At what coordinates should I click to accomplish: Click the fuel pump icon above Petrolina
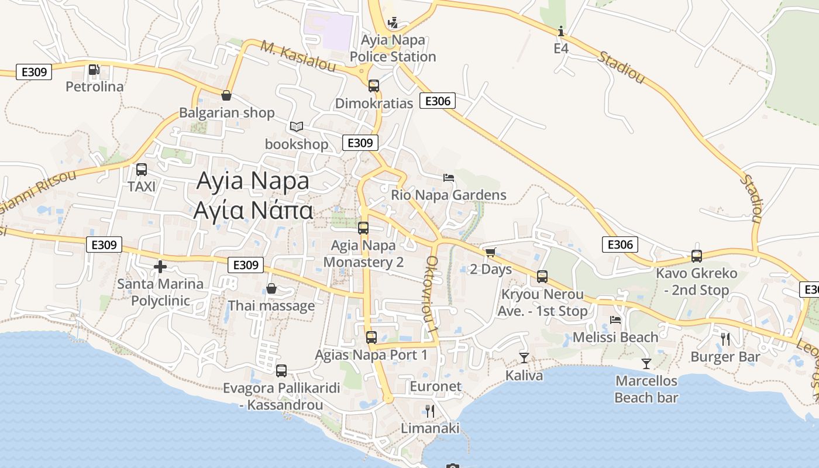tap(94, 70)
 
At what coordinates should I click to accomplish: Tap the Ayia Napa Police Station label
tap(393, 49)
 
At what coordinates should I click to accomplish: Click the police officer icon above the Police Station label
tap(393, 23)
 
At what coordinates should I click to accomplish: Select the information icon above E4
tap(561, 31)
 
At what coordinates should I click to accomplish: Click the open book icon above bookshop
tap(297, 126)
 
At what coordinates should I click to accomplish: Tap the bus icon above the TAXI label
tap(142, 170)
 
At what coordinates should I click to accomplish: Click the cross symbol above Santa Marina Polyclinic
tap(160, 267)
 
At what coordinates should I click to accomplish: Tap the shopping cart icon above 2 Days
tap(490, 252)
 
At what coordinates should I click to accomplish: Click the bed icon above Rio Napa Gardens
tap(449, 177)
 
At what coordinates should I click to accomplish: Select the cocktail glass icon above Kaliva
tap(524, 357)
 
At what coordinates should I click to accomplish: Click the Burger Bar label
tap(725, 357)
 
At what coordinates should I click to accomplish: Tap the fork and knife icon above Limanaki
tap(430, 411)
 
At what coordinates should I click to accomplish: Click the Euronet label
tap(435, 386)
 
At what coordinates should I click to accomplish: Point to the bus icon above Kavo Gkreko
tap(696, 256)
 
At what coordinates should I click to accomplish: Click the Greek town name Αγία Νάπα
tap(253, 210)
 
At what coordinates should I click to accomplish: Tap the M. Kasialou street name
tap(298, 57)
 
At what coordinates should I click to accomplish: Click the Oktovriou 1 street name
tap(432, 295)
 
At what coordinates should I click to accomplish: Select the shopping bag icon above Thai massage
tap(271, 288)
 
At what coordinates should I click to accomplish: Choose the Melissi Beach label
tap(615, 337)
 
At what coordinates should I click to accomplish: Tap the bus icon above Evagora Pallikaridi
tap(281, 370)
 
